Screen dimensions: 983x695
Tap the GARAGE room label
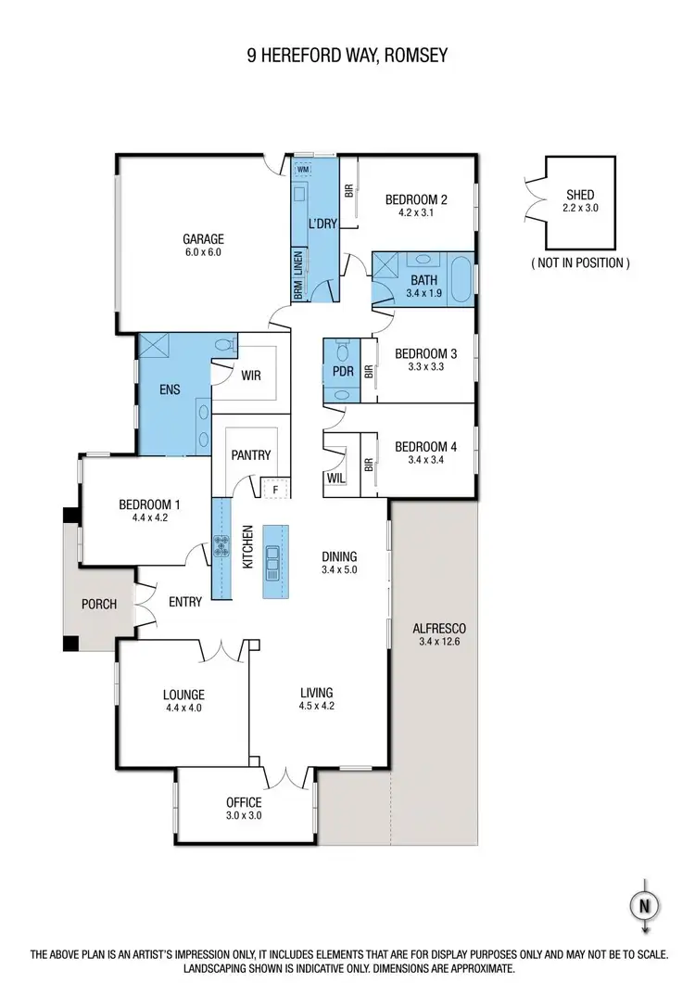tap(202, 238)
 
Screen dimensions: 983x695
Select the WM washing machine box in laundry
tap(303, 170)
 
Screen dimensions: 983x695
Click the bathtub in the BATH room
tap(460, 279)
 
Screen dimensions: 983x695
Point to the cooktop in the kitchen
tap(222, 547)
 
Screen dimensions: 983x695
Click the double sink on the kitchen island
tap(275, 560)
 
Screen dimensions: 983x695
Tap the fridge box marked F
tap(275, 489)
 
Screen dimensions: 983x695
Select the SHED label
tap(581, 195)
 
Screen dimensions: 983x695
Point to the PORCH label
tap(99, 604)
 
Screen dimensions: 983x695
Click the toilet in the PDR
tap(341, 351)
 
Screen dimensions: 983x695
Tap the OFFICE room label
tap(245, 802)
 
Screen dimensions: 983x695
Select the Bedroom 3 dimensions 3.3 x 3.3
tap(425, 366)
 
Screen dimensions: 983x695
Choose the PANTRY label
tap(250, 454)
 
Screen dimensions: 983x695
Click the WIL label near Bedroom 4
tap(335, 478)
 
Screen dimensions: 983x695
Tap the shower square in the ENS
tap(152, 348)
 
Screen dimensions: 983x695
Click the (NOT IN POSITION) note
tap(580, 262)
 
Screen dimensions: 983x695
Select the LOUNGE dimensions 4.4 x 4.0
tap(183, 708)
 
